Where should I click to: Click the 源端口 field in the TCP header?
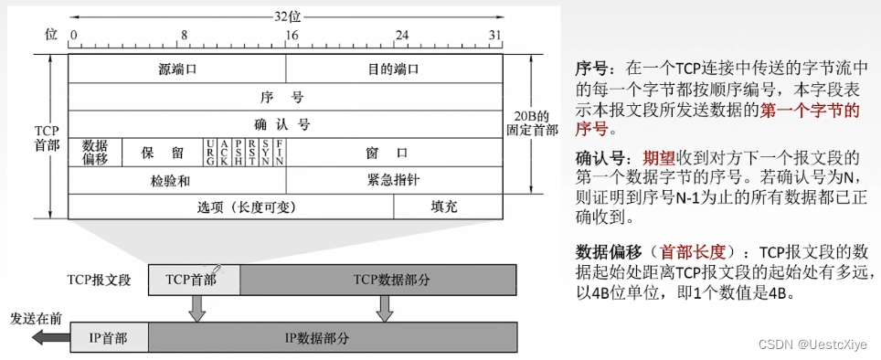(177, 69)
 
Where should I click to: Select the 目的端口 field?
(394, 69)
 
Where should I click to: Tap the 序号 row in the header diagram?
(285, 96)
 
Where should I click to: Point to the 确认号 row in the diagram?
(285, 123)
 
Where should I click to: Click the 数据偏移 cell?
(95, 152)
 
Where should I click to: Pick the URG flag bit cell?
(211, 152)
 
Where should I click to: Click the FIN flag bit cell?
(279, 152)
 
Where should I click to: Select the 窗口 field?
(393, 152)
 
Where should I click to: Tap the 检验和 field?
(176, 179)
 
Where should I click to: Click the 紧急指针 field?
(393, 179)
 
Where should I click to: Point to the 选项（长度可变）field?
(230, 206)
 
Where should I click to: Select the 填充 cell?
(447, 206)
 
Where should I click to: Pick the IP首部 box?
(108, 337)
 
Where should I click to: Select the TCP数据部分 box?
(378, 279)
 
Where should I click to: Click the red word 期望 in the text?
(661, 157)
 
